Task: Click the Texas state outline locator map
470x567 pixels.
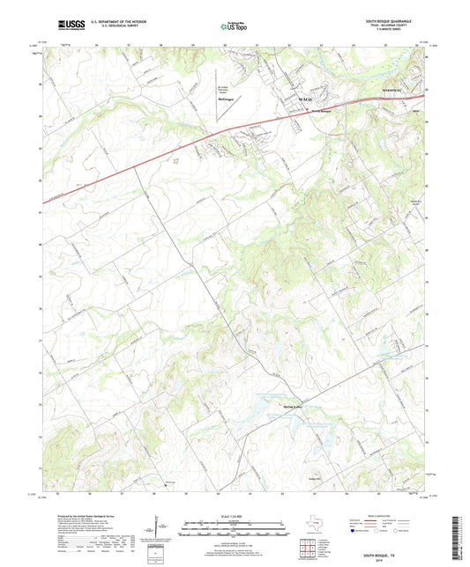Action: [x=316, y=524]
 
